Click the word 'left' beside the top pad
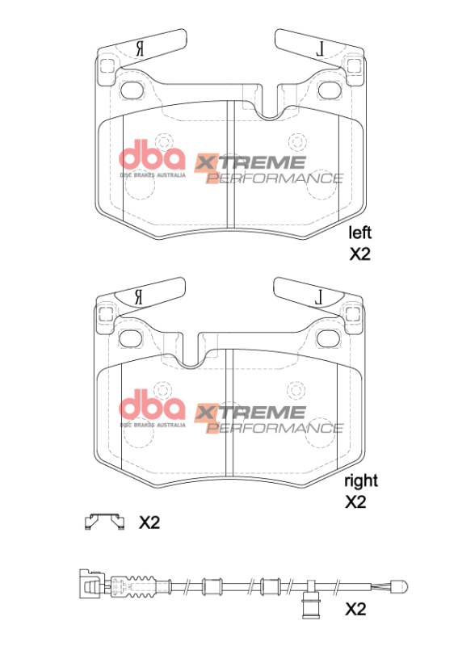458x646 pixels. click(359, 233)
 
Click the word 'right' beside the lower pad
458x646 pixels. click(360, 480)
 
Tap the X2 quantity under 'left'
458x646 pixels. click(359, 255)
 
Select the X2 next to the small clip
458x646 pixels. click(149, 523)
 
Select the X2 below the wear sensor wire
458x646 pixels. click(356, 609)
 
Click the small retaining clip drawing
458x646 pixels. click(105, 522)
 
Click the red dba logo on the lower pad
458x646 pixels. click(153, 403)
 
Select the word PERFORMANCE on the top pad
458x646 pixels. click(275, 178)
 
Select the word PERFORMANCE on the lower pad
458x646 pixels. click(275, 426)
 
